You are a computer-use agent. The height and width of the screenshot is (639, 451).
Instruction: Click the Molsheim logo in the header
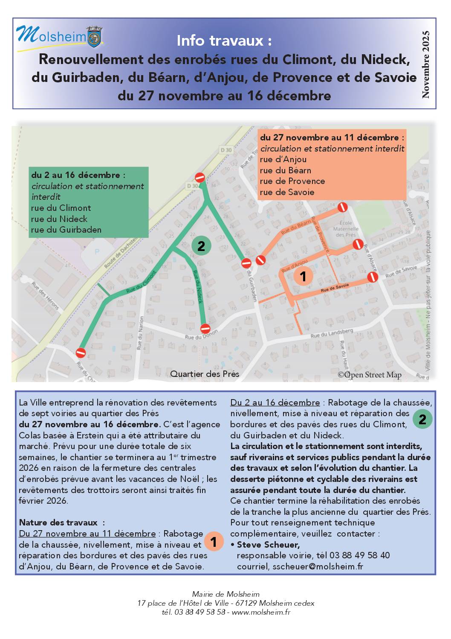(x=59, y=37)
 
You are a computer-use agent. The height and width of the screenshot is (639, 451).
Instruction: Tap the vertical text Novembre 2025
(x=425, y=64)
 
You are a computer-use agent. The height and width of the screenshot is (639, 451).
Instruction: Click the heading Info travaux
(x=224, y=41)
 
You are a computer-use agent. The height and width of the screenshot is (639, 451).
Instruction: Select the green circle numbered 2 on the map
(x=201, y=246)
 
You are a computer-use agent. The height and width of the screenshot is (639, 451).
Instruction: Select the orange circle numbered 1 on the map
(x=303, y=276)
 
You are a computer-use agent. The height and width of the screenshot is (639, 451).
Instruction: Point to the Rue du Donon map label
(x=201, y=335)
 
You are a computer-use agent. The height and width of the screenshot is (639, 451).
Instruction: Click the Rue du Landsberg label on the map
(x=332, y=333)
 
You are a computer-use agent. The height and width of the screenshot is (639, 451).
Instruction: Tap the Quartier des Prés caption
(x=205, y=374)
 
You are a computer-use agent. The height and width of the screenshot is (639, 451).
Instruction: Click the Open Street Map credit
(x=370, y=375)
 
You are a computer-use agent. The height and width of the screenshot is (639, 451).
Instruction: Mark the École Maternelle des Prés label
(x=346, y=229)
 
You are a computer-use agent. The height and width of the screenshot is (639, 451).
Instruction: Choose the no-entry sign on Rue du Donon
(x=205, y=329)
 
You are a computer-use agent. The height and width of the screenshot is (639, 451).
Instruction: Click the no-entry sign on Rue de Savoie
(x=373, y=277)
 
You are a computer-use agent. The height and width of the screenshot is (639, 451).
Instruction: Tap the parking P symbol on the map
(x=97, y=252)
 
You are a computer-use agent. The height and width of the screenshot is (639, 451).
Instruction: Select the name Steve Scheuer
(x=268, y=545)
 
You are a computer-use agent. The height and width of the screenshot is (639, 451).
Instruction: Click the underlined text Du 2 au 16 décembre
(x=275, y=403)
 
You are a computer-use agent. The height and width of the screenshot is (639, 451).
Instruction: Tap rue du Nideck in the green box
(x=59, y=219)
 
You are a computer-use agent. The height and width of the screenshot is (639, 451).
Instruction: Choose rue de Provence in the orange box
(x=292, y=181)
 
